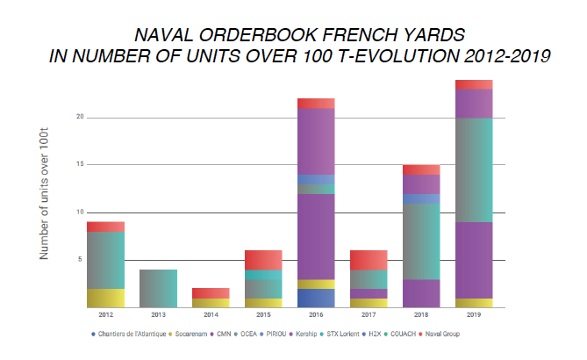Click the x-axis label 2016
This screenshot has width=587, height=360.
(316, 313)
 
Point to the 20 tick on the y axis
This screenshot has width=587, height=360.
(79, 117)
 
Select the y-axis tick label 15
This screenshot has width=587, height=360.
(79, 164)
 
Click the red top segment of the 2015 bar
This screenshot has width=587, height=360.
(263, 260)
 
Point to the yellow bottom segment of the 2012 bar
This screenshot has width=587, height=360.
(105, 298)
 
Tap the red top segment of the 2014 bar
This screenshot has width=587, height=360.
(211, 292)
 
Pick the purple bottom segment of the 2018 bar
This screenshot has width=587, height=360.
(422, 293)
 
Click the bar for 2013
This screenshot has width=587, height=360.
(158, 288)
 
